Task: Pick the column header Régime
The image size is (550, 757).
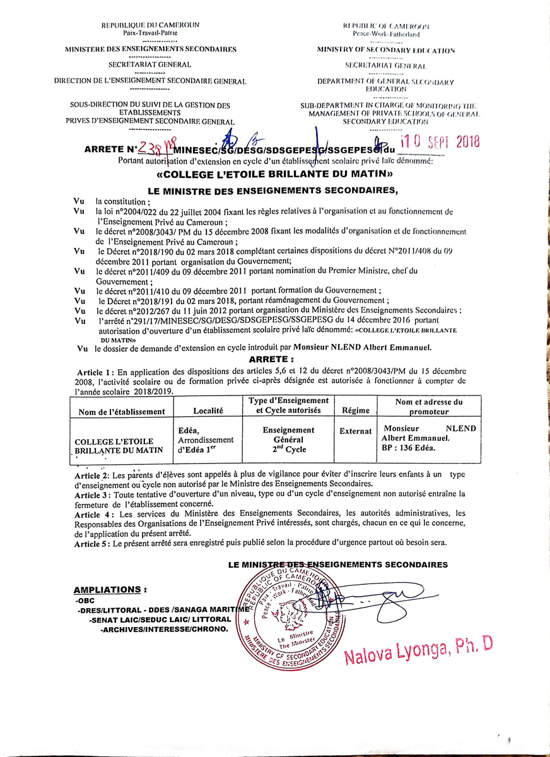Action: click(355, 411)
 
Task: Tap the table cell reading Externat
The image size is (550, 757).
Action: click(355, 431)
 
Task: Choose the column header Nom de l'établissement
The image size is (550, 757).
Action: click(122, 411)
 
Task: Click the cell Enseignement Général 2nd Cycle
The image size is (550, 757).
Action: click(288, 439)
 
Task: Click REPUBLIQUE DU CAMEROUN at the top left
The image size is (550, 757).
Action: click(150, 25)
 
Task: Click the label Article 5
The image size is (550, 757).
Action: click(92, 543)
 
